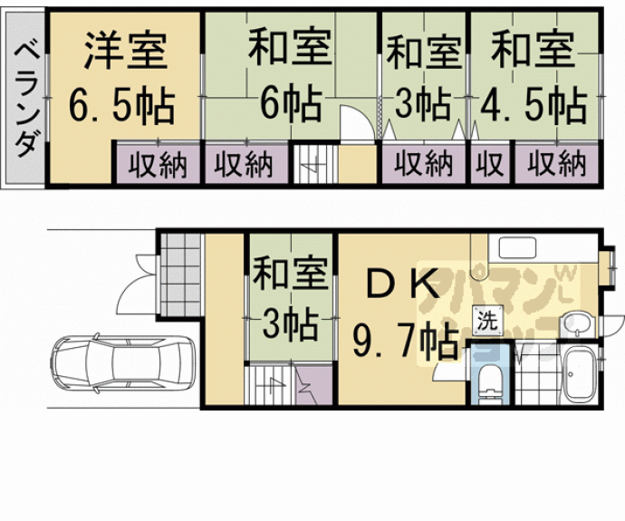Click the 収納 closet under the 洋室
[156, 165]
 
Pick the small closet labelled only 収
[490, 165]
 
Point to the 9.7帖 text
[404, 343]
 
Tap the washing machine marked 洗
[487, 320]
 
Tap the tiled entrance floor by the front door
[178, 272]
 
